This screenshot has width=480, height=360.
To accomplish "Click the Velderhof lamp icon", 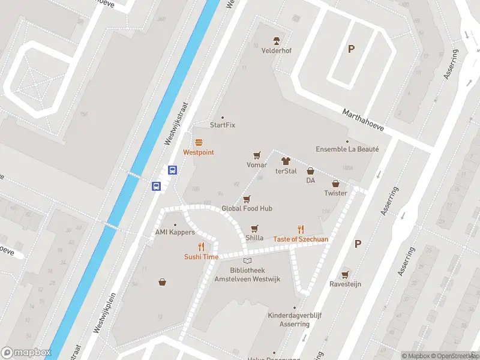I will (277, 41).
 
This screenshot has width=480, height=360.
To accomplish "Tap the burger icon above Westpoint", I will (199, 142).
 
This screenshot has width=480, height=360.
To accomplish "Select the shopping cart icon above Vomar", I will (257, 155).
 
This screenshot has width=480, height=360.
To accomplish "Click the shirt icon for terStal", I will (286, 161).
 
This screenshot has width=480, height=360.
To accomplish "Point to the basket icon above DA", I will (311, 171).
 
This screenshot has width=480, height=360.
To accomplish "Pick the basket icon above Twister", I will (335, 183).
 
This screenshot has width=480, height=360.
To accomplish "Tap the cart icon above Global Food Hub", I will (247, 199).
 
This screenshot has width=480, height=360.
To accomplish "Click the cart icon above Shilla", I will (255, 228).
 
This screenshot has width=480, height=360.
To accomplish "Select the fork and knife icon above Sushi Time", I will (201, 247).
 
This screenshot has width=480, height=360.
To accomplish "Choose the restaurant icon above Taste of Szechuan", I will (301, 229).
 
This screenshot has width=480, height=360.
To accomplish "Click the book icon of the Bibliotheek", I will (247, 260).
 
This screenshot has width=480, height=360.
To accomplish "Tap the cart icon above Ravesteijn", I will (344, 274).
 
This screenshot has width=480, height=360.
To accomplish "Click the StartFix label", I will (221, 125).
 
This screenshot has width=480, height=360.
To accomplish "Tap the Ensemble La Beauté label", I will (347, 149).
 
